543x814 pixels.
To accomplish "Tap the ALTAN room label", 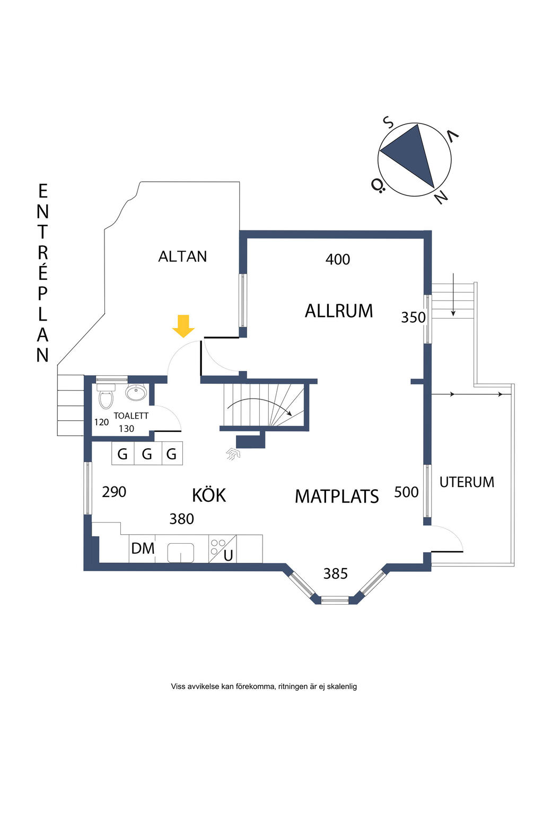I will pyautogui.click(x=182, y=256).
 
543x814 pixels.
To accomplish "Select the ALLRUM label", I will pyautogui.click(x=338, y=311).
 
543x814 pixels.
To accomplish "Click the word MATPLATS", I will pyautogui.click(x=337, y=497).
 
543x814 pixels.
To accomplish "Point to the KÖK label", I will pyautogui.click(x=209, y=496).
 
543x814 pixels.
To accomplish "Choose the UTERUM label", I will pyautogui.click(x=467, y=482).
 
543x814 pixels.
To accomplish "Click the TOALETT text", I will pyautogui.click(x=131, y=416).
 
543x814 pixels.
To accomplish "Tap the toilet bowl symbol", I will pyautogui.click(x=106, y=399).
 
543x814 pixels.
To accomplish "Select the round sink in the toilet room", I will pyautogui.click(x=136, y=393).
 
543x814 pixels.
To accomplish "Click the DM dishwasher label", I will pyautogui.click(x=143, y=548).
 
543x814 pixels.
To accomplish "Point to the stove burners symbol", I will pyautogui.click(x=218, y=547).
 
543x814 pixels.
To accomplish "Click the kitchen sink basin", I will pyautogui.click(x=181, y=553).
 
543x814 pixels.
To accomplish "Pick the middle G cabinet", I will pyautogui.click(x=147, y=454).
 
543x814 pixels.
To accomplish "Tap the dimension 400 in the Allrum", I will pyautogui.click(x=338, y=260).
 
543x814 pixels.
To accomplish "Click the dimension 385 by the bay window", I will pyautogui.click(x=336, y=574).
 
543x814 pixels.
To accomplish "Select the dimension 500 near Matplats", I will pyautogui.click(x=406, y=492).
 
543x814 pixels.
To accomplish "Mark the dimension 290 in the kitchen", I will pyautogui.click(x=114, y=492).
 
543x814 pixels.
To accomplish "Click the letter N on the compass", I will pyautogui.click(x=441, y=198).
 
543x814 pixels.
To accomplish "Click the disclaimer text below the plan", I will pyautogui.click(x=264, y=686).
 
